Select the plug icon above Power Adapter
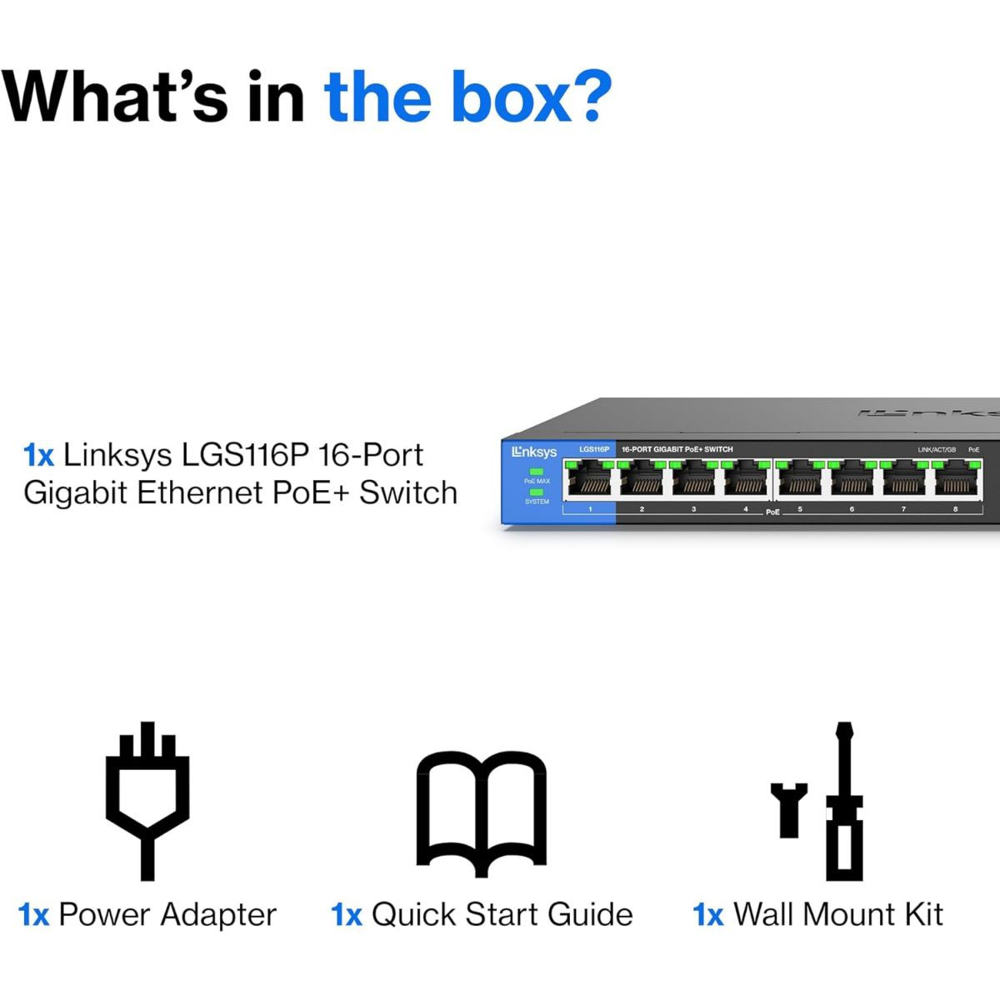(x=147, y=800)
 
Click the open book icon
(x=482, y=812)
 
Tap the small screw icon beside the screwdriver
(x=788, y=809)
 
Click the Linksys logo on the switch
(x=534, y=452)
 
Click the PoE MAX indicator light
(x=537, y=472)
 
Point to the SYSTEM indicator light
(x=537, y=492)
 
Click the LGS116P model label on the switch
(x=594, y=449)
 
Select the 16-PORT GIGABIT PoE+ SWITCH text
(x=677, y=449)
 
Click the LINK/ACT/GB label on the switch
(x=937, y=450)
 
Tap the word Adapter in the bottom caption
(x=218, y=915)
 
